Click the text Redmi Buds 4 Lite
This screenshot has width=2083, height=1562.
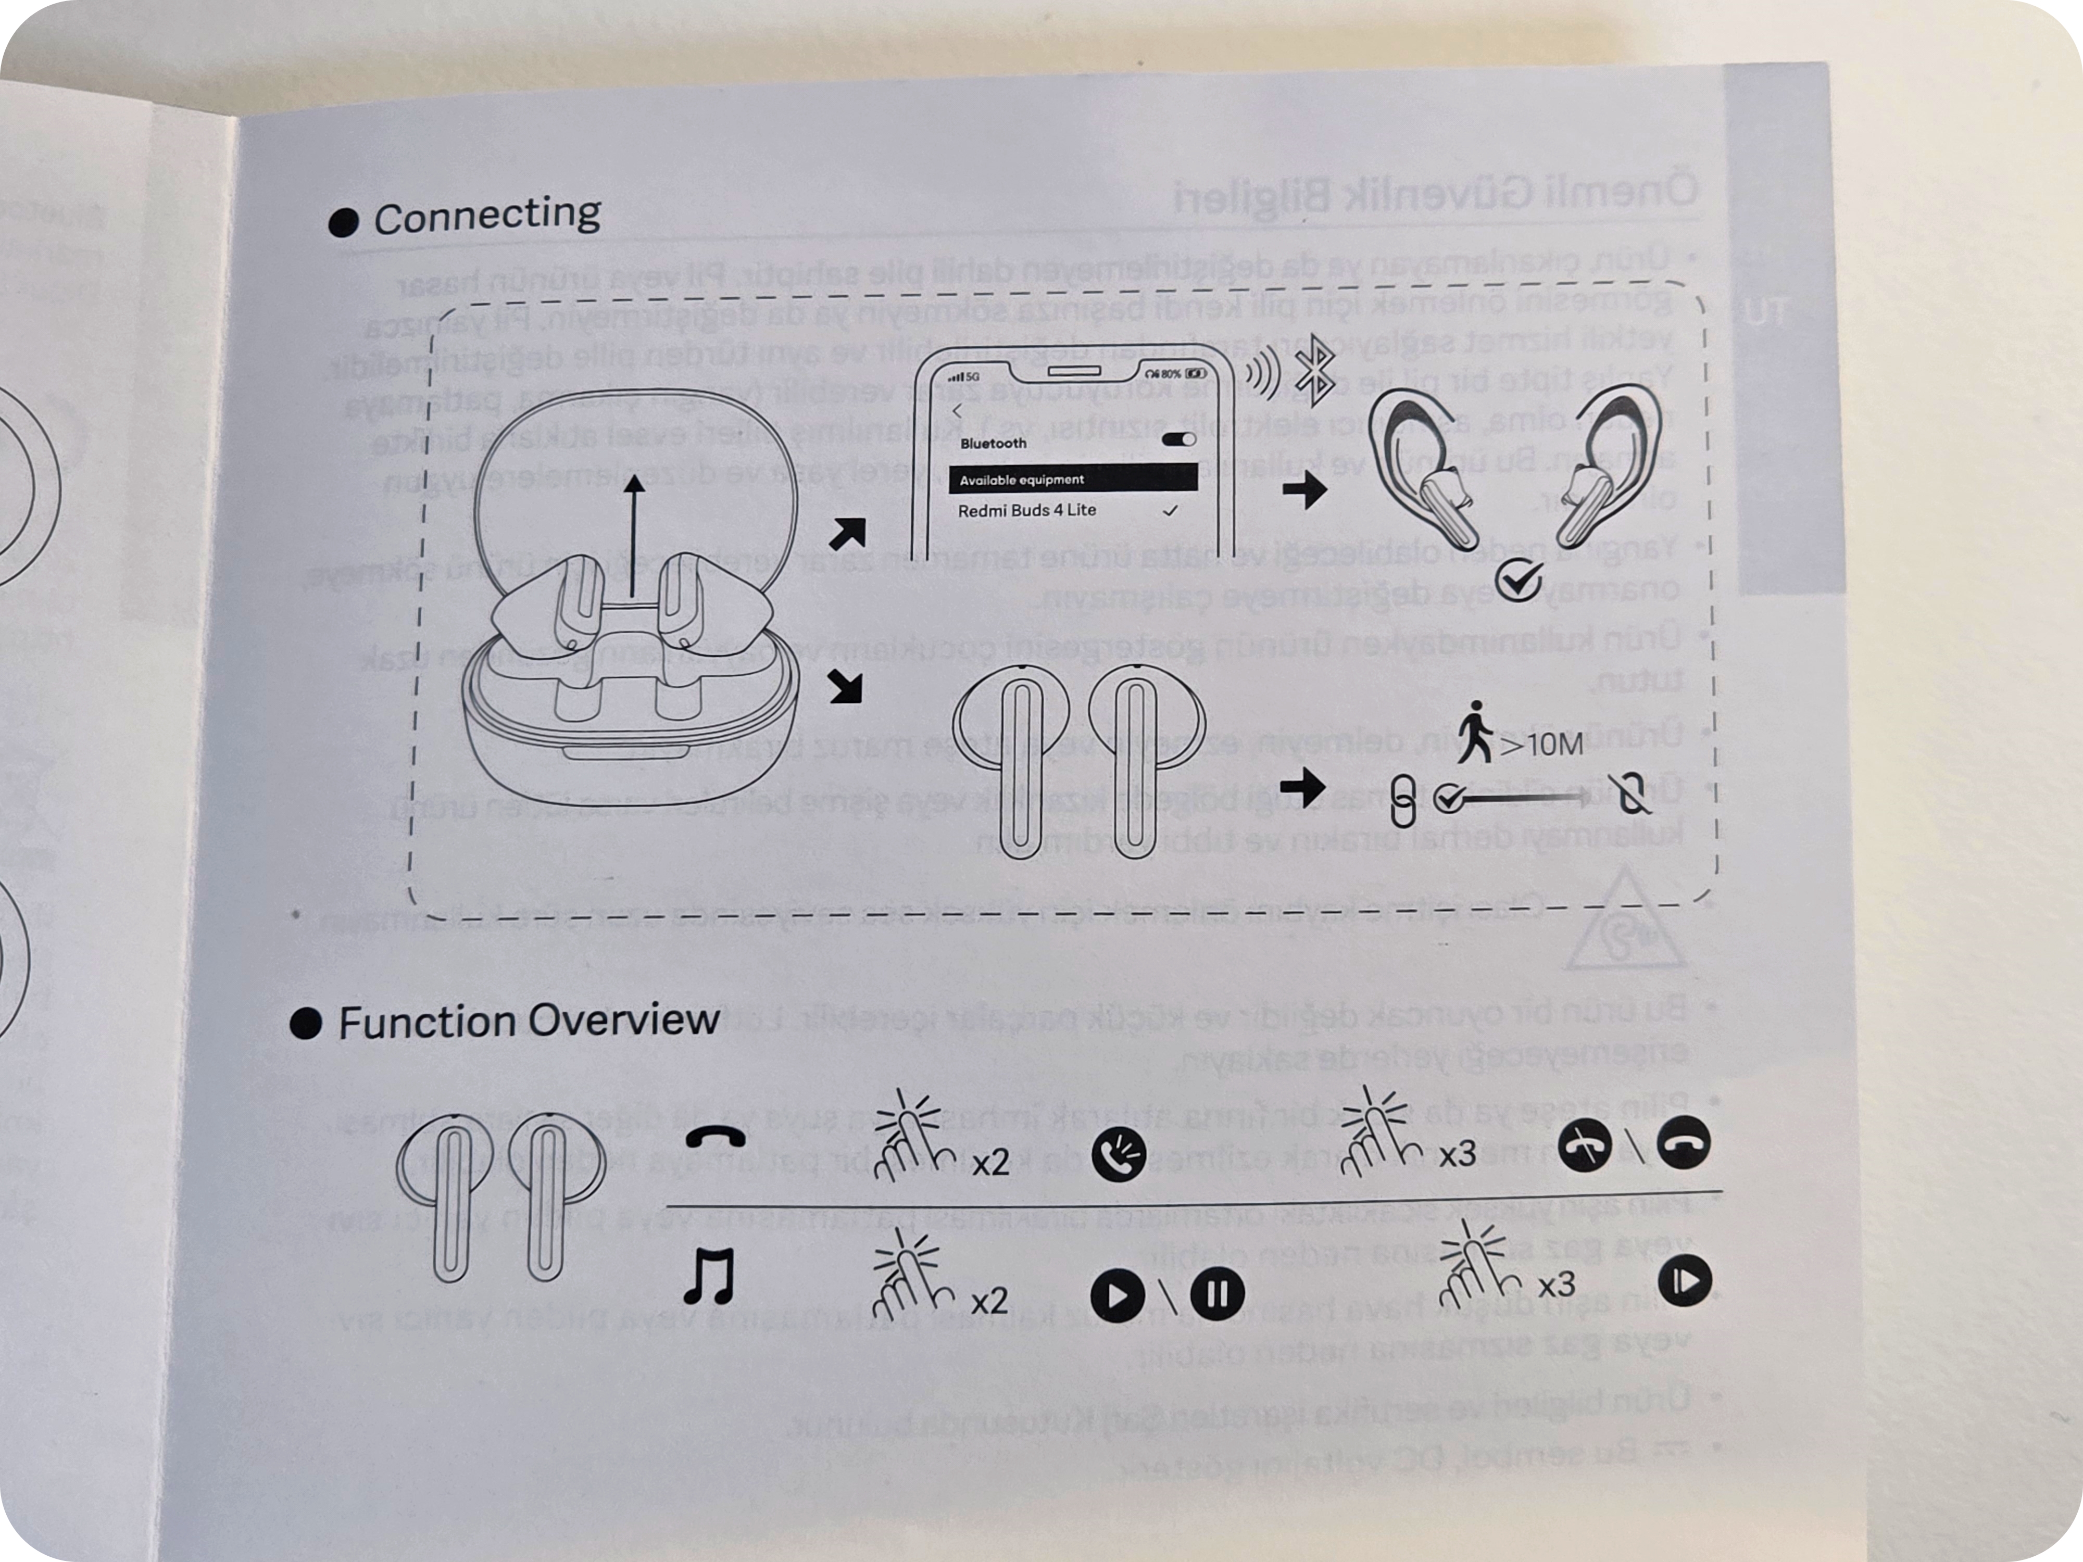1026,510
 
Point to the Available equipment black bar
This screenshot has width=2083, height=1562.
1072,479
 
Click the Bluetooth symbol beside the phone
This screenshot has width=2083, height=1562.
1314,370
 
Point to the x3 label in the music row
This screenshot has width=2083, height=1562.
1555,1285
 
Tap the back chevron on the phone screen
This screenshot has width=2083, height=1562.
958,410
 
